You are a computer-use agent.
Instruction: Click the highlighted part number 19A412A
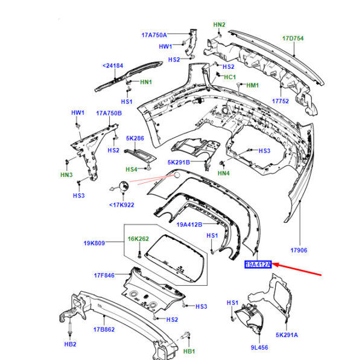click(x=258, y=264)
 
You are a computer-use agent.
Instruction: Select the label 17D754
click(x=293, y=39)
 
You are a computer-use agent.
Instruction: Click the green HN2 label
click(x=219, y=24)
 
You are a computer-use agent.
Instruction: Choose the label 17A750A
click(x=154, y=35)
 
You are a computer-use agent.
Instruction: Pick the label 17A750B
click(x=110, y=113)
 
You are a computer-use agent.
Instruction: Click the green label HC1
click(x=230, y=77)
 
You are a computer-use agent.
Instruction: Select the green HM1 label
click(x=252, y=85)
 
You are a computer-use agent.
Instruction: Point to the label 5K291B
click(x=179, y=162)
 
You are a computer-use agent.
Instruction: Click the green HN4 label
click(x=224, y=174)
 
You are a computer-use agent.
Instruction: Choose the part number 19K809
click(x=94, y=243)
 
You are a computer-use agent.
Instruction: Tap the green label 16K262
click(x=138, y=239)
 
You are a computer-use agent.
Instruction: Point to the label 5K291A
click(x=288, y=334)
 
